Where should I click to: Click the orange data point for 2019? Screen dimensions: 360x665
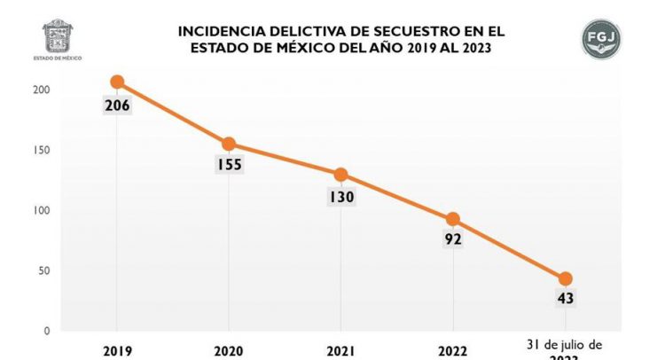116,82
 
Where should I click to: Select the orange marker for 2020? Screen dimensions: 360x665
229,144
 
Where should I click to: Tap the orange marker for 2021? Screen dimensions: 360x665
340,175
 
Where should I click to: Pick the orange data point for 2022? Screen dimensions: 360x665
453,219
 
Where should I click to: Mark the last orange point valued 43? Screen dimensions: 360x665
565,278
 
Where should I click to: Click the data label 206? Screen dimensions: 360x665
116,106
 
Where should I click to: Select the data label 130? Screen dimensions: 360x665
340,196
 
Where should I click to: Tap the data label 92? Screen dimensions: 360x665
453,239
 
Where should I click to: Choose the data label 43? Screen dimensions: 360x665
565,299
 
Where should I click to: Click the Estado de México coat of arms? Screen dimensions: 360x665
59,36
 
